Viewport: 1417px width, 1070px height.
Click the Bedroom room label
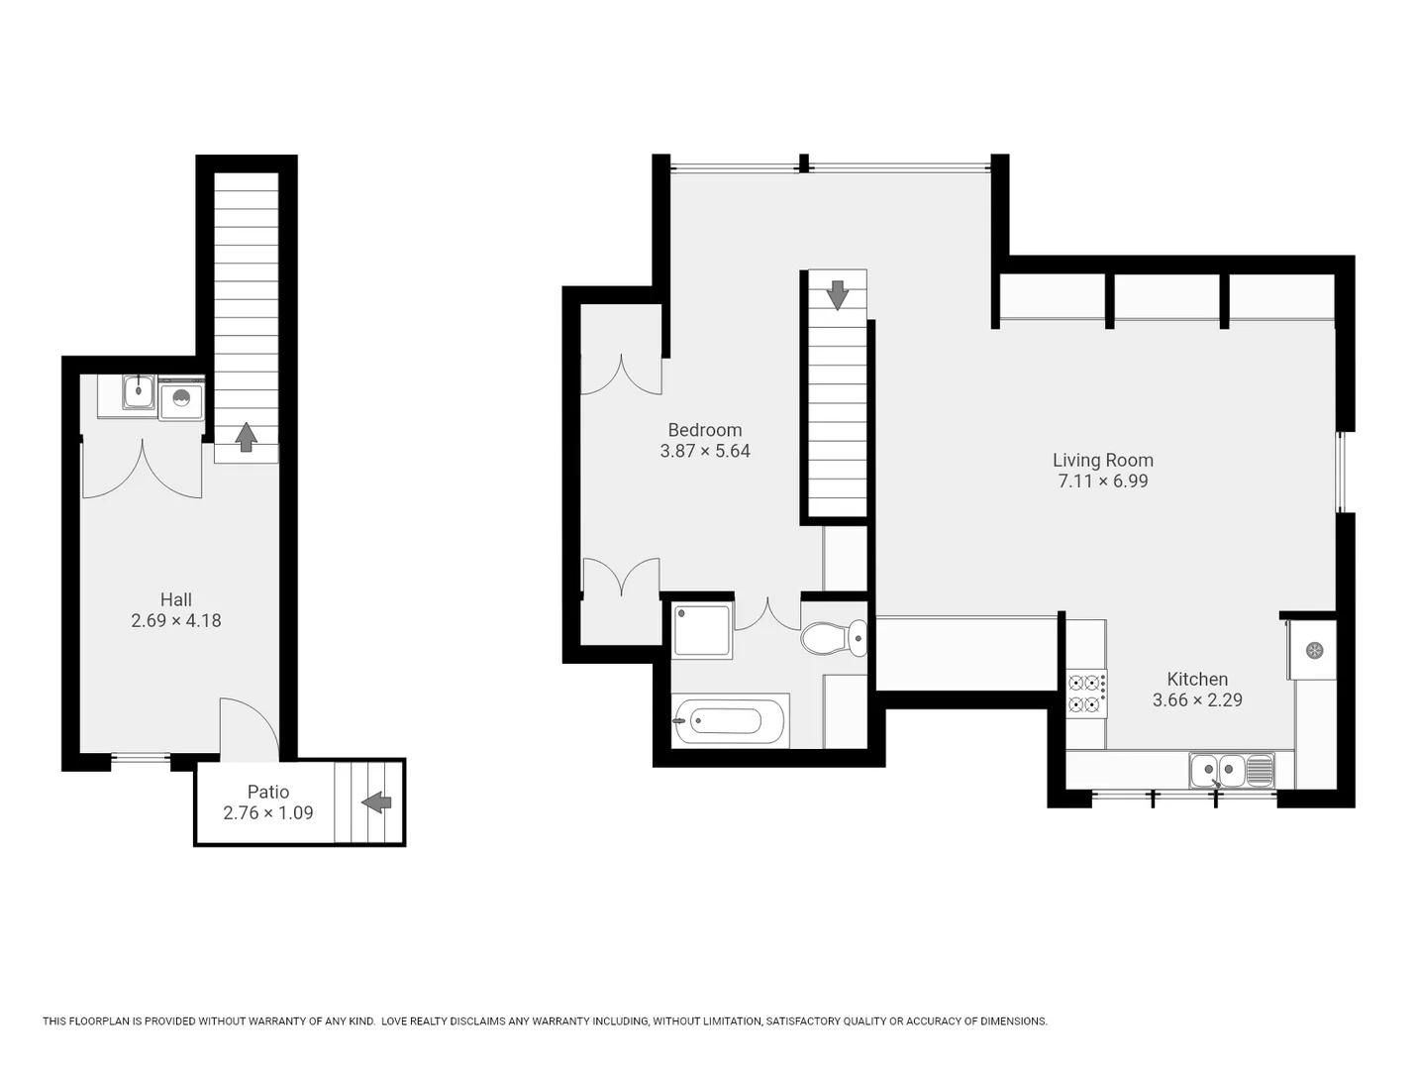click(x=704, y=430)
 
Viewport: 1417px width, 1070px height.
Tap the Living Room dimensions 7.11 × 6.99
click(x=1102, y=481)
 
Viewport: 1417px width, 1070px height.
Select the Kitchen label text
click(x=1196, y=679)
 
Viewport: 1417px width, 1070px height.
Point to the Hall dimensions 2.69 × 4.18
click(x=175, y=621)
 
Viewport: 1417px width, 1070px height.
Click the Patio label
click(x=267, y=792)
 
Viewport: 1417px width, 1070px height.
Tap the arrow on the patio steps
click(x=376, y=802)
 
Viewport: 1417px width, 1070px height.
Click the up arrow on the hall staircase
click(x=246, y=437)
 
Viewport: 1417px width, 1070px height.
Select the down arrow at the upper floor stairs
click(x=838, y=294)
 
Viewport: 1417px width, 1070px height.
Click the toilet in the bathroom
click(x=833, y=638)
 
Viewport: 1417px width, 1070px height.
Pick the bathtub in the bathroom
click(x=730, y=721)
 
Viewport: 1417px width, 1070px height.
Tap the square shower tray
click(x=702, y=630)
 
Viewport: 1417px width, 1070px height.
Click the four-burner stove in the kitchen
click(x=1086, y=694)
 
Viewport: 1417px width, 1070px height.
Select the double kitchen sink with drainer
click(x=1232, y=770)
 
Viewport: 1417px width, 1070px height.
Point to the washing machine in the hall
click(x=181, y=399)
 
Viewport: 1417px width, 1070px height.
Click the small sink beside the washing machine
click(x=139, y=392)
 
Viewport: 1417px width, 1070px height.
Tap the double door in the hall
click(x=142, y=471)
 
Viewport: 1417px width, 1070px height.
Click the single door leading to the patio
click(x=248, y=728)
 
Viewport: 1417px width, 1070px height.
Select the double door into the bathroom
click(x=766, y=614)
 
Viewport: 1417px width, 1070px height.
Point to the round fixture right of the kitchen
click(x=1314, y=650)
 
